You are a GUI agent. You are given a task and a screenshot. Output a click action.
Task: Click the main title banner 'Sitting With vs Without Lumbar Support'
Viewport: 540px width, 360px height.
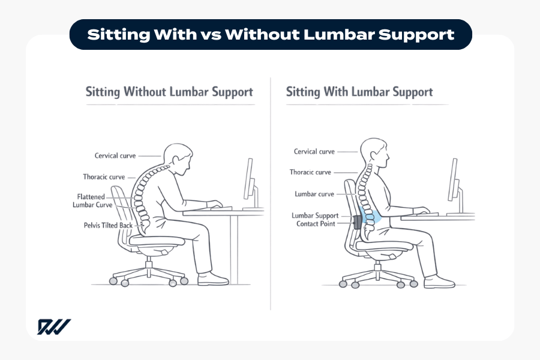270,34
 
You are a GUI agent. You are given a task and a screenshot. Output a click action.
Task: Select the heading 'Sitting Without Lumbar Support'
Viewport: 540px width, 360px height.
169,92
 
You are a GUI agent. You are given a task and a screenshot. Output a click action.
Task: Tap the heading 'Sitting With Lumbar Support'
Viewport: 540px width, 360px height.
359,92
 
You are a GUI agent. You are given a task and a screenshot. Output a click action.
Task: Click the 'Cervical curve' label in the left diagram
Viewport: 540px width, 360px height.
115,156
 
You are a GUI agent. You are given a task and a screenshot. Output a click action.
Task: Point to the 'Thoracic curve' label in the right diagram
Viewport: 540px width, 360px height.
310,172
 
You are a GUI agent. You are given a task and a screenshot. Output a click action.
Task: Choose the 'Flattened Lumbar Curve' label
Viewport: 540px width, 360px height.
94,200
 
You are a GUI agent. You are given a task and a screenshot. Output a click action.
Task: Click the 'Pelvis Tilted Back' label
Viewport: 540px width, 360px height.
109,226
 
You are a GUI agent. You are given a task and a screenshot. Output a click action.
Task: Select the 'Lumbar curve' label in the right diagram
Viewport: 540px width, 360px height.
314,194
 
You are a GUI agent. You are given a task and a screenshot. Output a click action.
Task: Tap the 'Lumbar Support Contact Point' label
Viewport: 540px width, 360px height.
316,220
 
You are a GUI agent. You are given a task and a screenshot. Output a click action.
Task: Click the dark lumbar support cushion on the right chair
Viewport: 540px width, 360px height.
359,222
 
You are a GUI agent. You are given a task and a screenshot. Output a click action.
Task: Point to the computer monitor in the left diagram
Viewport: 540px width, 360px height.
248,179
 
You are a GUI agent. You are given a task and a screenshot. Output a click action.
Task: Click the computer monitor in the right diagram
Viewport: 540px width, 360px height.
454,179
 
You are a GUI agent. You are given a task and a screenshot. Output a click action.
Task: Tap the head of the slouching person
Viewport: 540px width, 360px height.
178,158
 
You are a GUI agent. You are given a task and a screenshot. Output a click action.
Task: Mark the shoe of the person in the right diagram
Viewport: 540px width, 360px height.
439,281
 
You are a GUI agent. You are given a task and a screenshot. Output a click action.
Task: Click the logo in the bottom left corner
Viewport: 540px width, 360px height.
54,327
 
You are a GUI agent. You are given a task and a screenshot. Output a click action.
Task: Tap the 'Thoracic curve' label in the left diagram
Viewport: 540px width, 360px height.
104,177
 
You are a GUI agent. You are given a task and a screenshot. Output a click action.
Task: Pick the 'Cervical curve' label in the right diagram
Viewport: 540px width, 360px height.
314,152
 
